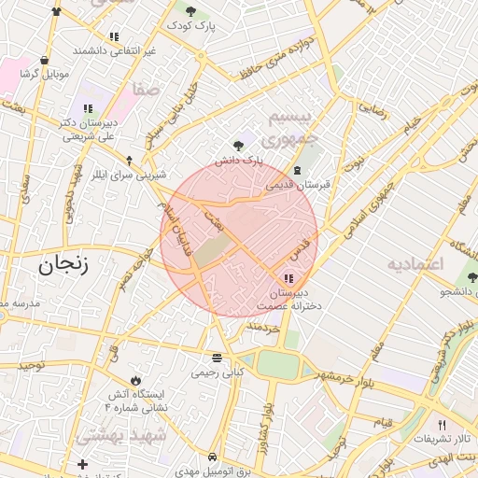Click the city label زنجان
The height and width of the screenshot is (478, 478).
63,265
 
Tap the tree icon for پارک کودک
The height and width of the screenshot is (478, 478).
190,11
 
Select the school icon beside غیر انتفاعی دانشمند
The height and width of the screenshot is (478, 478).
114,37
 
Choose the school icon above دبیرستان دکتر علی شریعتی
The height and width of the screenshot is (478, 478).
89,108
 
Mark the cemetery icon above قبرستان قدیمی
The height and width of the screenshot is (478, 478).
297,170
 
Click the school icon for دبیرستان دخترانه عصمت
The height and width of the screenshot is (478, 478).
288,277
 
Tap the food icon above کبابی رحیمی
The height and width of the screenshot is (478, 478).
217,358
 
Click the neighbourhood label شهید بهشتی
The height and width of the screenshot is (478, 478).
122,435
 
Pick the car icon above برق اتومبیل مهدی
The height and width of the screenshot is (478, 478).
213,457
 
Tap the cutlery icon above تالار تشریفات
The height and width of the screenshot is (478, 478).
442,425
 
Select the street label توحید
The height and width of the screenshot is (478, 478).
28,364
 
